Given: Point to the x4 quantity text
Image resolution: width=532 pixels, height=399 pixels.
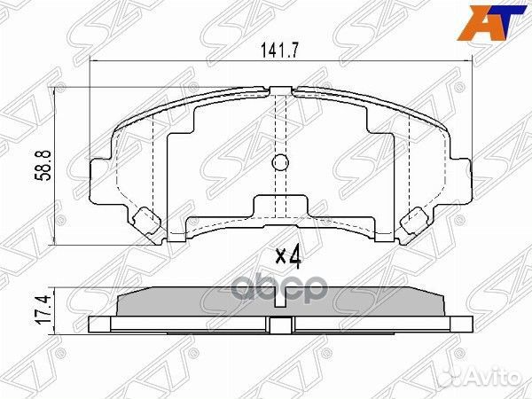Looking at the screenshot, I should point(289,257).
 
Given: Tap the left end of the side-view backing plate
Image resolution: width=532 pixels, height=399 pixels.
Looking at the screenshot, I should point(94,325).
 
